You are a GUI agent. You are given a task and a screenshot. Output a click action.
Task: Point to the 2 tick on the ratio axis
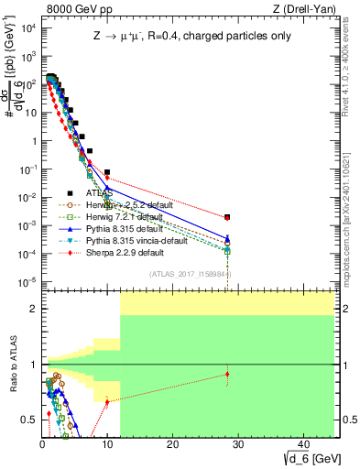point(35,309)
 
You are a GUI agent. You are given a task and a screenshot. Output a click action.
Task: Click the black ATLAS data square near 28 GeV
point(227,217)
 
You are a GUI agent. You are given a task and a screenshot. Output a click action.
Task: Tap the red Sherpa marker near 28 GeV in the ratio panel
point(227,374)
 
